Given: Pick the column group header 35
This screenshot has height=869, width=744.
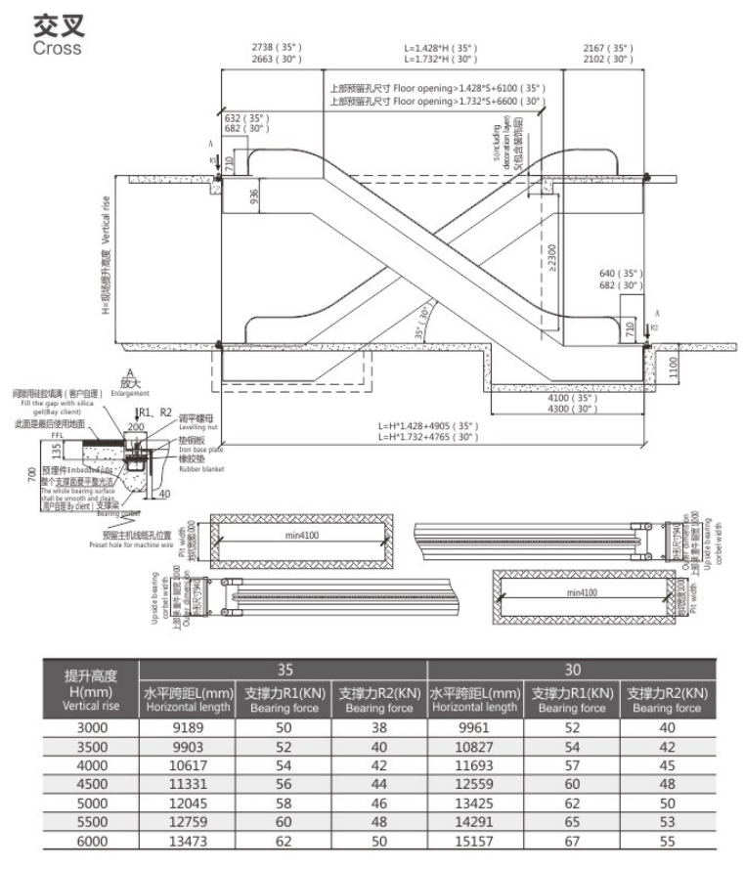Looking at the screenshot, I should point(284,671).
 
